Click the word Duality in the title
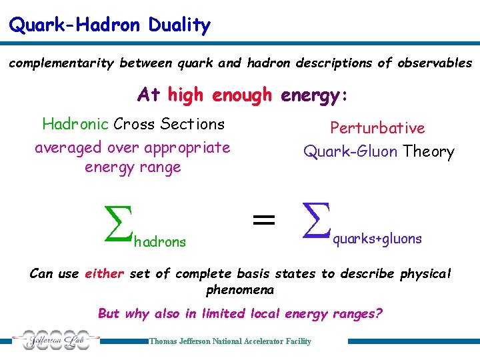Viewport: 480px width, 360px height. [179, 25]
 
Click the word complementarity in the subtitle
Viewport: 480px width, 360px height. [62, 63]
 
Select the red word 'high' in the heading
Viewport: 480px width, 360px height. [187, 95]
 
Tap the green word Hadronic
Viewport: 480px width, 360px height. [75, 124]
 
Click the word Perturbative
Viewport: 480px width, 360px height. [377, 128]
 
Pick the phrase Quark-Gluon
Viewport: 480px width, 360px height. [351, 152]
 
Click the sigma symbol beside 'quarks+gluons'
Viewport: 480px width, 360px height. [315, 221]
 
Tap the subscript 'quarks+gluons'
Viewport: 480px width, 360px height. [377, 239]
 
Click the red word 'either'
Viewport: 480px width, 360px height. [105, 274]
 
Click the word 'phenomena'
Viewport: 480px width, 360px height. [240, 291]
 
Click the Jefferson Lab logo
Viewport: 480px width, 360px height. [54, 341]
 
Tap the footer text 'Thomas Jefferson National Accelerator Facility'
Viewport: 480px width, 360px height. [230, 341]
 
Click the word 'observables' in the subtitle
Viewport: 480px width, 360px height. [435, 63]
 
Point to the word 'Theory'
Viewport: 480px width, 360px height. [428, 152]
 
